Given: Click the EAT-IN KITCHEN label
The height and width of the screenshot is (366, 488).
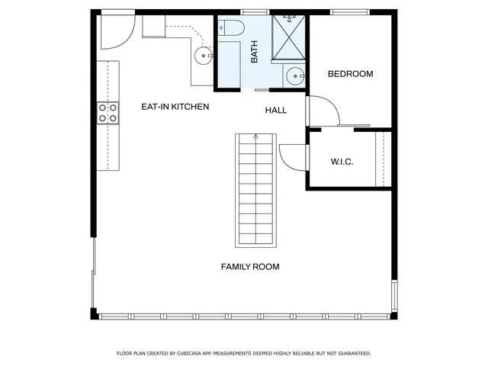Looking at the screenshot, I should coord(175,107).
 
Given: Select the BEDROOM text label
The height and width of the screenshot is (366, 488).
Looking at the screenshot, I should coord(350,74).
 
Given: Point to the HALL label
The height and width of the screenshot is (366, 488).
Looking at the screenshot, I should coord(276,111).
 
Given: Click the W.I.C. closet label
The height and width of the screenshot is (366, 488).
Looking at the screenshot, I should coord(342,162).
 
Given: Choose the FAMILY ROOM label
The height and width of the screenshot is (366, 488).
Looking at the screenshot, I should coord(250,267).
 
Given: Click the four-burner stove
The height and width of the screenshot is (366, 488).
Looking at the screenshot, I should coord(108,113).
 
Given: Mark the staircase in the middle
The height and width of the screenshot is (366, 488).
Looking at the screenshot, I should coord(255,191).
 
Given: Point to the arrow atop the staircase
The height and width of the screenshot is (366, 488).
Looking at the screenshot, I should coord(255,136).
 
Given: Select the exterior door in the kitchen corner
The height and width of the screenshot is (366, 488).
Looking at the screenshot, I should coord(114,27).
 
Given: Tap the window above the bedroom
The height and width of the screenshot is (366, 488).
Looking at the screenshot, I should coord(347,11).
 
